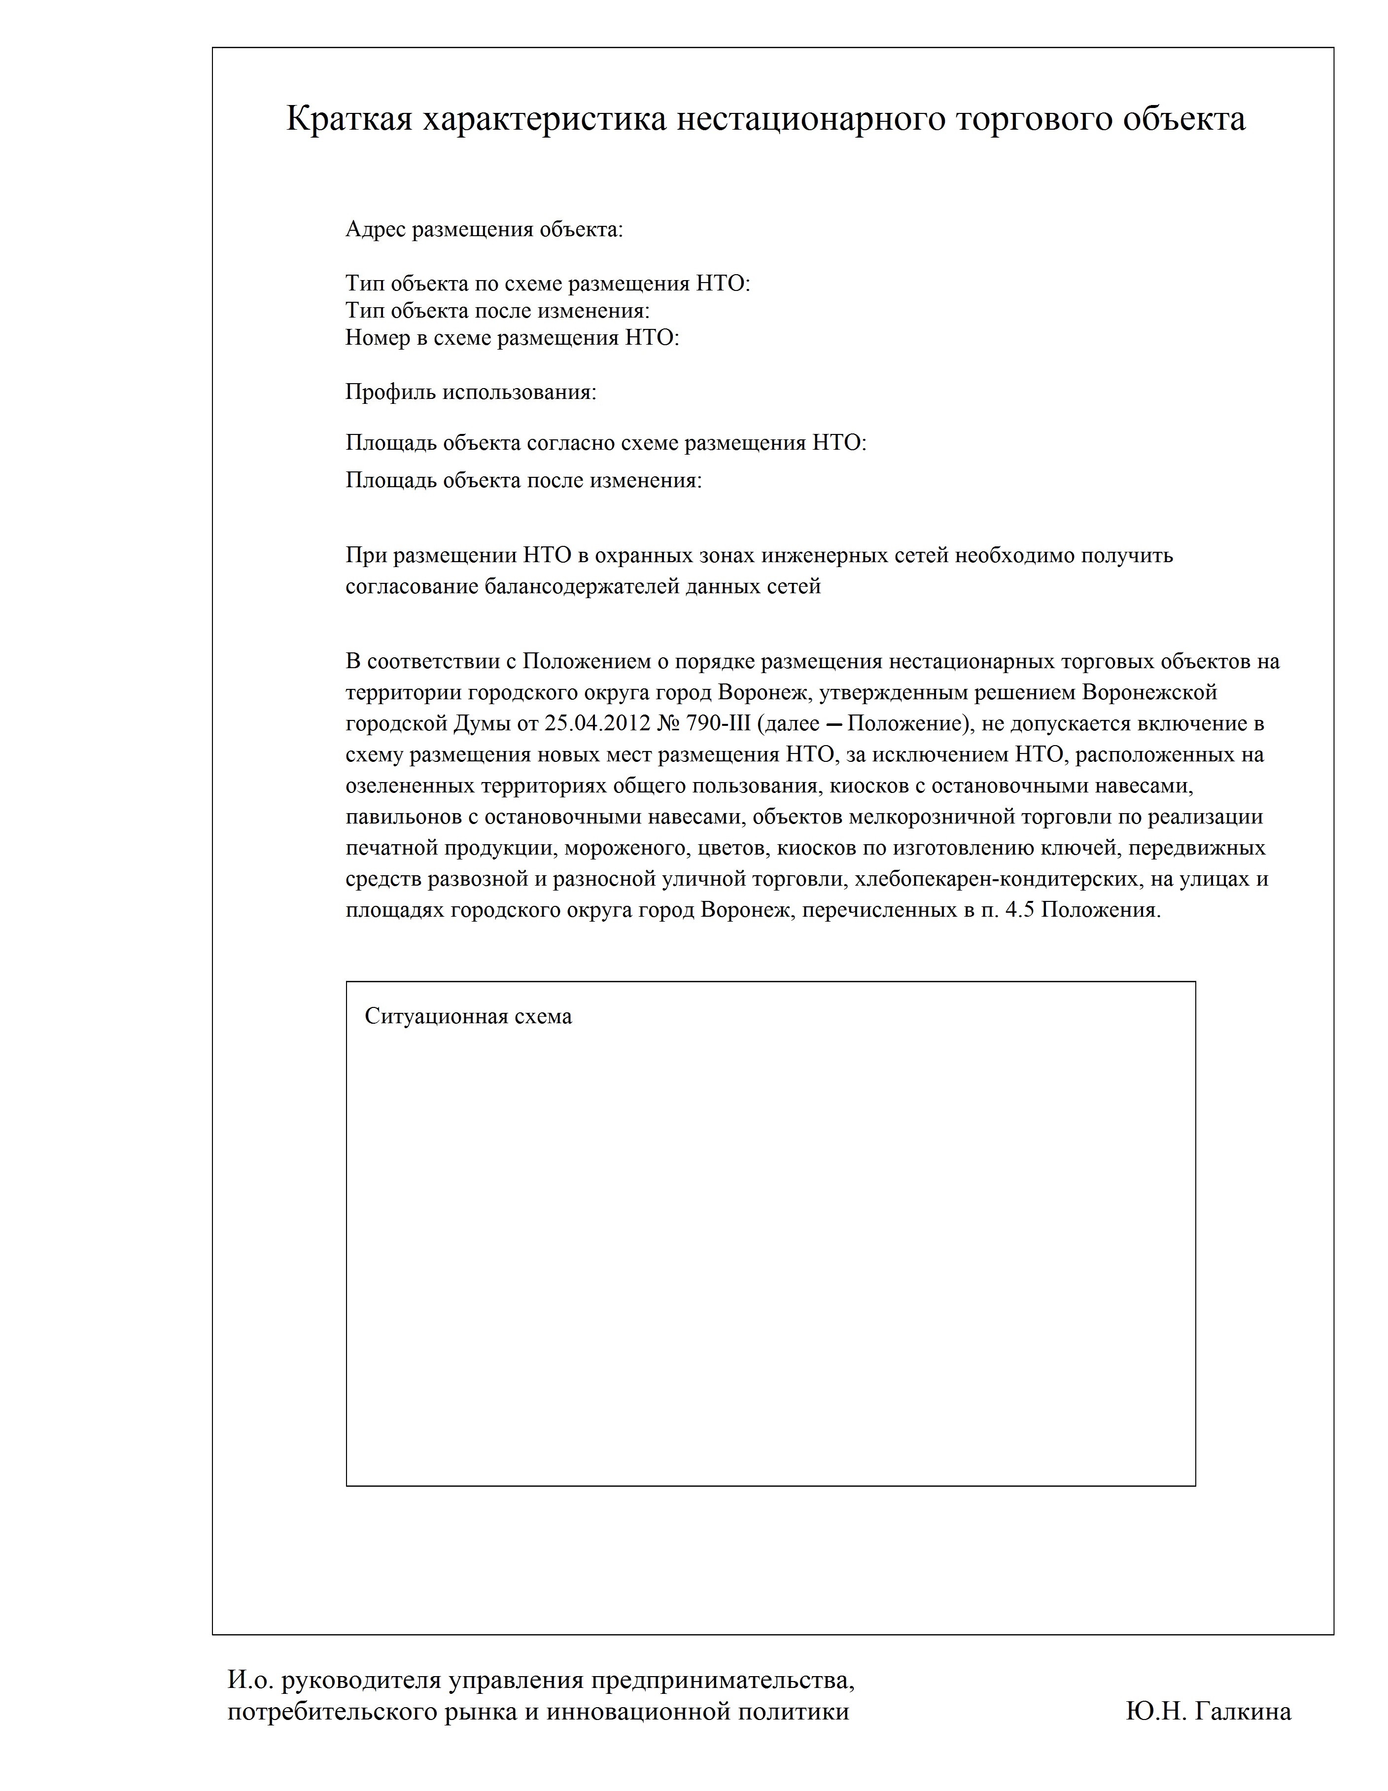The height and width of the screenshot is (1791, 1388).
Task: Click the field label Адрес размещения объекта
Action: tap(484, 230)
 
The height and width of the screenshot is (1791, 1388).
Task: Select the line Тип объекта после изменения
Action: tap(497, 311)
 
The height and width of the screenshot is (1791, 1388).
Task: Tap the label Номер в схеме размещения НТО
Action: tap(512, 338)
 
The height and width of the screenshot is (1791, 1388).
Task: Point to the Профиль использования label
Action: tap(471, 392)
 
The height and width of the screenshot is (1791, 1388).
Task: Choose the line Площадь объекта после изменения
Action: tap(523, 480)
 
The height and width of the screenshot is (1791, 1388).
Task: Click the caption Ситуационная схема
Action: tap(468, 1017)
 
